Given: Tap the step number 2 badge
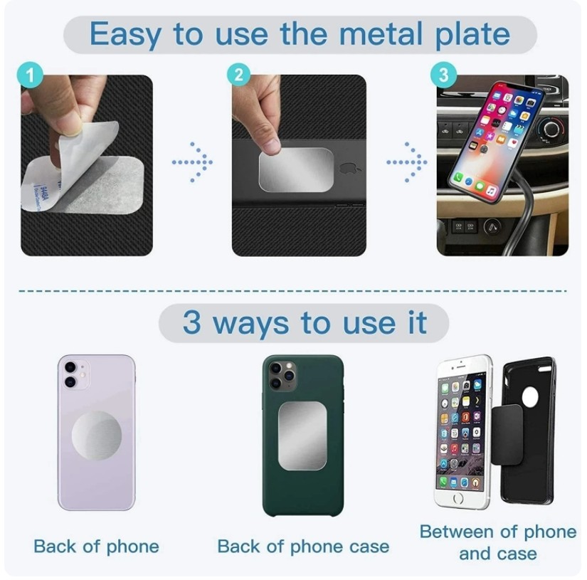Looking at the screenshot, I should coord(239,74).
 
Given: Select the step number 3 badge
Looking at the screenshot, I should coord(443,74).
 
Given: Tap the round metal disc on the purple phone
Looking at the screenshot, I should coord(96,434).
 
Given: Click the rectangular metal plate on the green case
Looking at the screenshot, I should coord(302,437).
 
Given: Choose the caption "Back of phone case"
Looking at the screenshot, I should coord(303,547).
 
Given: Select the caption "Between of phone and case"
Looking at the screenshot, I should coord(497,542).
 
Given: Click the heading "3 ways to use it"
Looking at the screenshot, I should coord(304,323).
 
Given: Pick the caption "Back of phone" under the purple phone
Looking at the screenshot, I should coord(96,547).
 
